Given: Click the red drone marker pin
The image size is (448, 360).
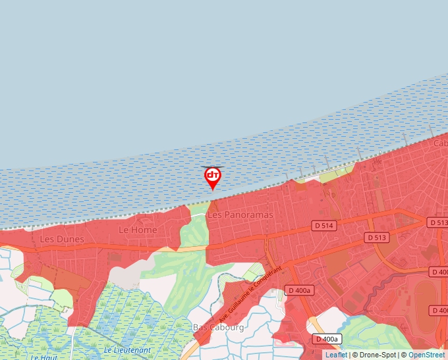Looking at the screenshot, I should click(x=212, y=176).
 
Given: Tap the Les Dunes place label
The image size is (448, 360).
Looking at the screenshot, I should click(x=62, y=239).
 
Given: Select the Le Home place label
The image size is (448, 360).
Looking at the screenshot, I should click(x=138, y=230).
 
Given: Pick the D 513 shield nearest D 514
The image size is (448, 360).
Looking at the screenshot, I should click(x=378, y=237).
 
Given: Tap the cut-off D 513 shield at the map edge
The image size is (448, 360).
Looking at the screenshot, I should click(x=438, y=222).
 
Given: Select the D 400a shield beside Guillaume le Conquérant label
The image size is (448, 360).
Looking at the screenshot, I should click(x=300, y=290).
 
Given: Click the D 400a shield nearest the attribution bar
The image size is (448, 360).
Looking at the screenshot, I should click(x=326, y=339).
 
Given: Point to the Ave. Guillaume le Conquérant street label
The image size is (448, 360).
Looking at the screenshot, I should click(x=253, y=292).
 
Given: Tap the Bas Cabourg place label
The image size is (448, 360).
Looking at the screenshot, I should click(x=218, y=327).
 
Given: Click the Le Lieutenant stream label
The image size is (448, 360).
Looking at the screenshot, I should click(x=127, y=349).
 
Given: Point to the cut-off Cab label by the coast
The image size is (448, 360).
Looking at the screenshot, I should click(x=440, y=143).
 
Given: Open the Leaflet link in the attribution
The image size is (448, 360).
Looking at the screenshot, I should click(x=336, y=355).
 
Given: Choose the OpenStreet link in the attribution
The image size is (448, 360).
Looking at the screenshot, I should click(x=427, y=355).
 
